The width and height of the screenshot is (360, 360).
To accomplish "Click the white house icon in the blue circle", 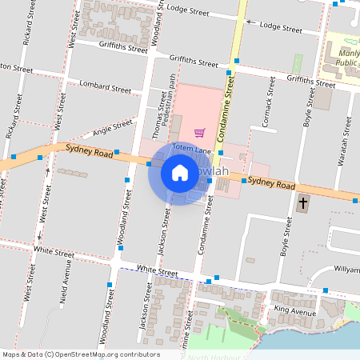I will [x=179, y=172].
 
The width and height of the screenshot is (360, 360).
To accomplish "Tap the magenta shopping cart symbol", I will [x=199, y=132].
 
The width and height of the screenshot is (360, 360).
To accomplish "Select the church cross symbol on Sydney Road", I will [x=303, y=203].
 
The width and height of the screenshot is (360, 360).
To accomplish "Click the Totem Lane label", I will [x=193, y=150].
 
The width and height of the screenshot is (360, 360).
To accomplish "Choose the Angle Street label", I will [x=112, y=126].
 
